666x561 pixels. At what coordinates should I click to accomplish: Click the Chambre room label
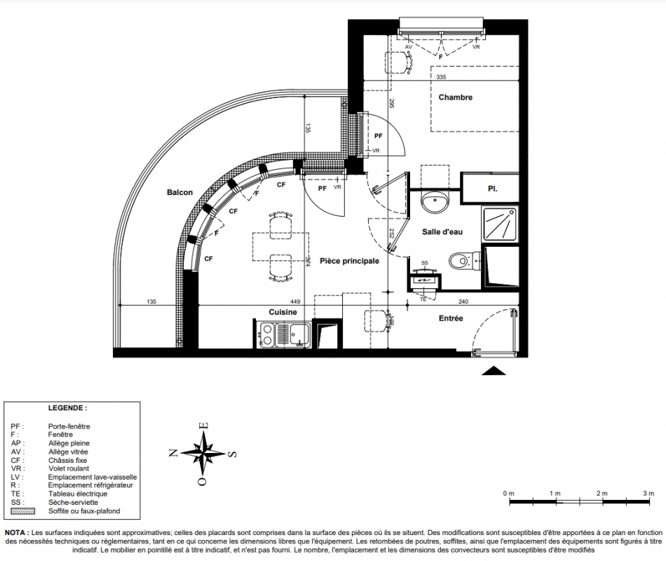(x=455, y=97)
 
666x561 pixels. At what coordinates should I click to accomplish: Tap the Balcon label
(x=179, y=193)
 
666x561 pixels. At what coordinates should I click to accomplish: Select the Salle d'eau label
(x=442, y=232)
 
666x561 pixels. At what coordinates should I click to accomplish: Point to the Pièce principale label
(x=349, y=261)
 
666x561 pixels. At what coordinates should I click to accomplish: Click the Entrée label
(x=451, y=318)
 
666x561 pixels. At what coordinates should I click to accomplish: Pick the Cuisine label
(x=283, y=312)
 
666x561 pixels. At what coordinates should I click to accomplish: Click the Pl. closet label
(x=492, y=189)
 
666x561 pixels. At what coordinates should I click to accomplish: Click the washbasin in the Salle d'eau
(x=435, y=201)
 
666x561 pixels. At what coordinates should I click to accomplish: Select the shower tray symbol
(x=500, y=224)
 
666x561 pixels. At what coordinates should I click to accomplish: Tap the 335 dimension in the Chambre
(x=441, y=77)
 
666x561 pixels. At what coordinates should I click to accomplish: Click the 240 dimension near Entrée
(x=463, y=302)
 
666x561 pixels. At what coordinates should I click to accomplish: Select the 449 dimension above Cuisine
(x=294, y=302)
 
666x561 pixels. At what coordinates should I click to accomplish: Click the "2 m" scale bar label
(x=602, y=494)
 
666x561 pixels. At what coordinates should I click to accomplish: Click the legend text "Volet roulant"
(x=69, y=468)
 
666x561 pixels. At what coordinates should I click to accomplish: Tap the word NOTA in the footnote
(x=16, y=532)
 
